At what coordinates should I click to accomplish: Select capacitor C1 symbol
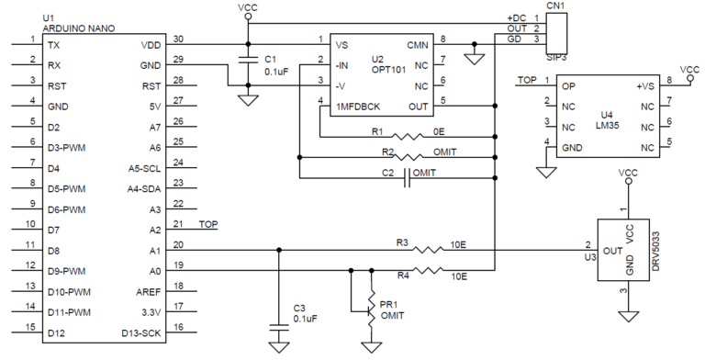pyautogui.click(x=247, y=62)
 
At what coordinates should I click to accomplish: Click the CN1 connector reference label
pyautogui.click(x=555, y=6)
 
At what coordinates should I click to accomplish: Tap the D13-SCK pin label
pyautogui.click(x=142, y=332)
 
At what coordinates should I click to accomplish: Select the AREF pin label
pyautogui.click(x=150, y=290)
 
